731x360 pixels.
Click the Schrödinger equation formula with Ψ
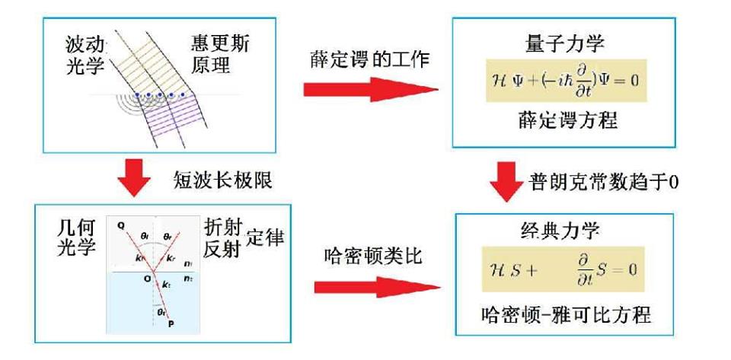point(566,79)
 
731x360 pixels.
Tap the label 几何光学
point(78,238)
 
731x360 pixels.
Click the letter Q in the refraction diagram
point(121,225)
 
